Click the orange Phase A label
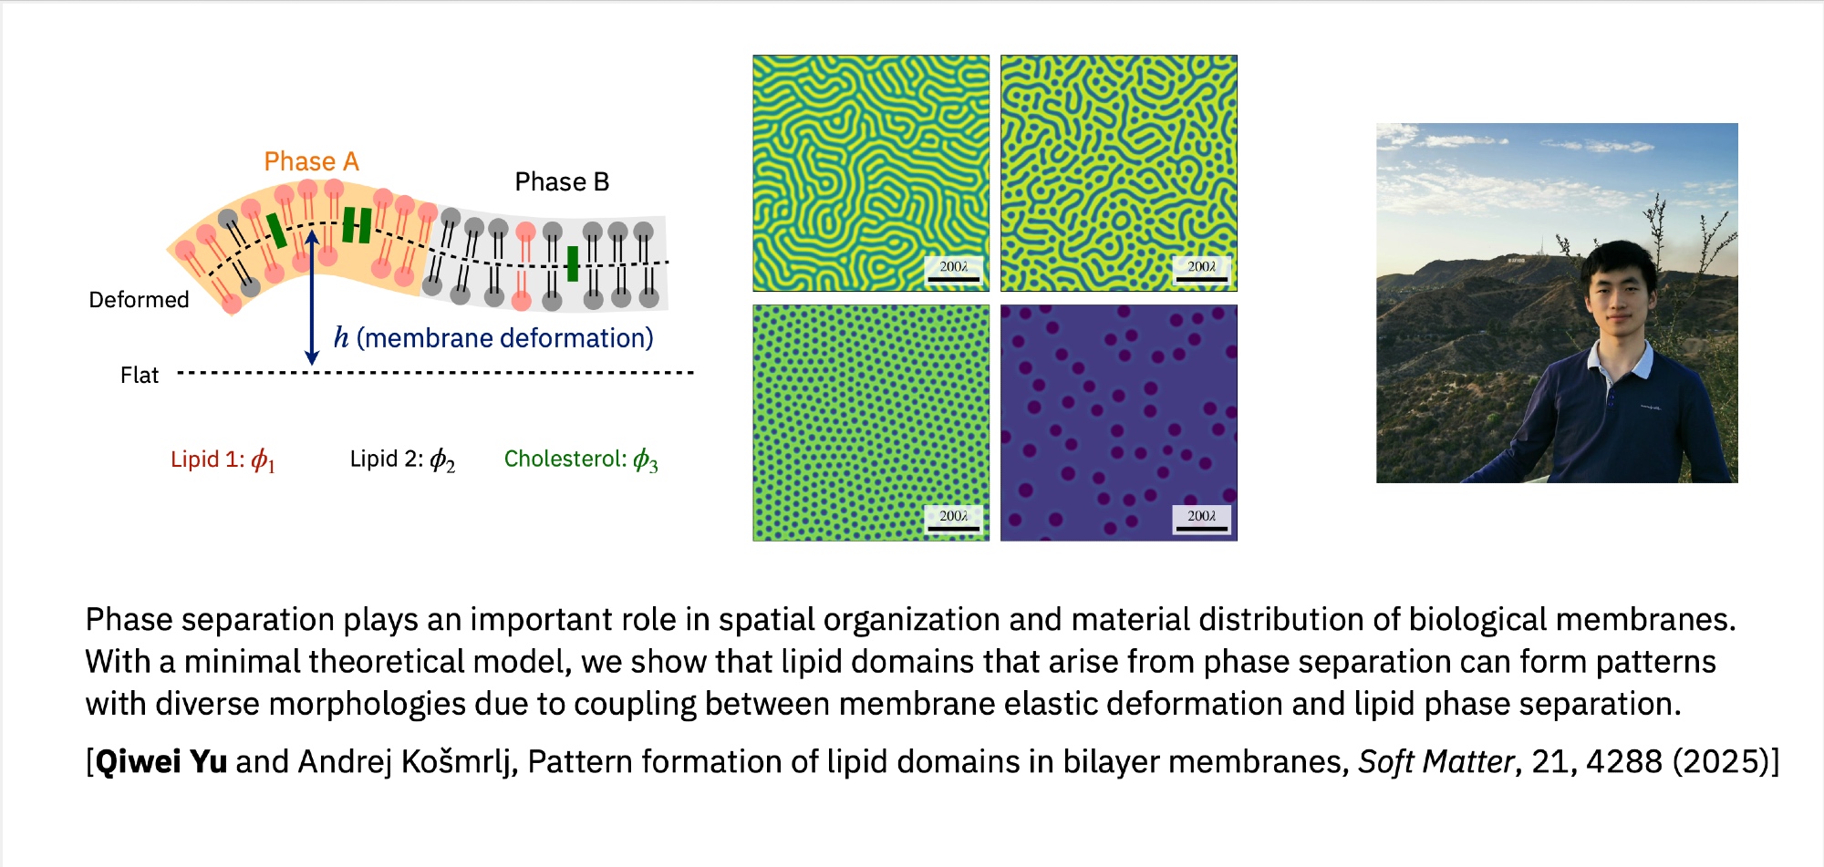(x=311, y=162)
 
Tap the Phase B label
(x=562, y=182)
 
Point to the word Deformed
(x=139, y=300)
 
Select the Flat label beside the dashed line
(x=140, y=376)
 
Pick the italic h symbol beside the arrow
(x=341, y=338)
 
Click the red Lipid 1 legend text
(x=223, y=459)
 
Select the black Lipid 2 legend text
(x=402, y=459)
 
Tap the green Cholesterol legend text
(x=581, y=459)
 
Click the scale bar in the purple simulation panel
(x=1201, y=528)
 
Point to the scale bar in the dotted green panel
(x=953, y=528)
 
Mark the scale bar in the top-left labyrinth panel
(x=953, y=278)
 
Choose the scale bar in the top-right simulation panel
(x=1201, y=278)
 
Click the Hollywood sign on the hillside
(x=1515, y=260)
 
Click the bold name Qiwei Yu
(x=161, y=762)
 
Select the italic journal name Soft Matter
(x=1436, y=762)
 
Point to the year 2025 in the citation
(x=1721, y=762)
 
